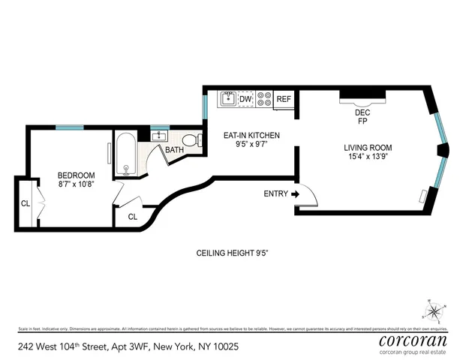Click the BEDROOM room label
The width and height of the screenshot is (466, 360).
click(x=76, y=175)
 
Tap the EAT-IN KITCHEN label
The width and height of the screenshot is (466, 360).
click(x=251, y=135)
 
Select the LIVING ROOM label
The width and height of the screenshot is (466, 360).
click(x=368, y=147)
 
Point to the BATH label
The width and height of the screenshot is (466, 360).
click(x=175, y=150)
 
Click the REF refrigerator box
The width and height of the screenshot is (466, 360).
click(x=283, y=99)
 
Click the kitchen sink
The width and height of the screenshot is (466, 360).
click(x=227, y=98)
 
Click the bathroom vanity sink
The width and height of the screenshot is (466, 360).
click(x=160, y=136)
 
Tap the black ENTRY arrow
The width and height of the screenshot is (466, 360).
click(x=294, y=193)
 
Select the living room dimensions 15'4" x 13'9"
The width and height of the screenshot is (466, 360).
click(x=368, y=157)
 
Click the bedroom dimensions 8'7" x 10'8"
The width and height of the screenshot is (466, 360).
click(x=76, y=186)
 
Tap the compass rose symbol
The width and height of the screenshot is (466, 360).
click(x=434, y=309)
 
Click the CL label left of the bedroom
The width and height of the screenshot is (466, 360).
click(x=26, y=202)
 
